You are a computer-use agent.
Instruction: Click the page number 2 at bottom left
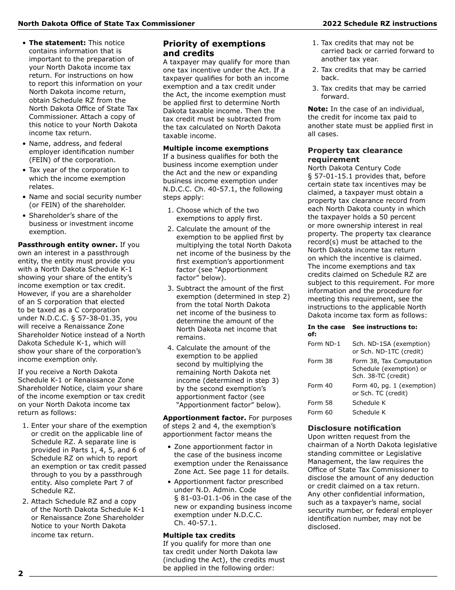pos(21,574)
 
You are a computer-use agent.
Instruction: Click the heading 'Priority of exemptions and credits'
pos(214,48)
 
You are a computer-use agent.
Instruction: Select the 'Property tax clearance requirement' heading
pos(355,155)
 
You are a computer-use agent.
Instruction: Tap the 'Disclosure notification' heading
pos(354,428)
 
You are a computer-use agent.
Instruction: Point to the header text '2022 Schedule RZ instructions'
pos(379,24)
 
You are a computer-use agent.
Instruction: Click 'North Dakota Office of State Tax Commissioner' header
pos(106,24)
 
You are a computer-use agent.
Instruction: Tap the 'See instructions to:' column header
pos(385,327)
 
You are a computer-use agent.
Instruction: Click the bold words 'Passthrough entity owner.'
pos(68,245)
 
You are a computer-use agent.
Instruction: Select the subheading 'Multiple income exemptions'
pos(216,148)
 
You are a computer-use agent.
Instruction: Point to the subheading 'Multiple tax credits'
pos(199,535)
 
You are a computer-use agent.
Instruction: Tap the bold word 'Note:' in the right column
pos(318,109)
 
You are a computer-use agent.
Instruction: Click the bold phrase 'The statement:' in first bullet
pos(57,43)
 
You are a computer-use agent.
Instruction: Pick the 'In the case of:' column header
pos(326,330)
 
